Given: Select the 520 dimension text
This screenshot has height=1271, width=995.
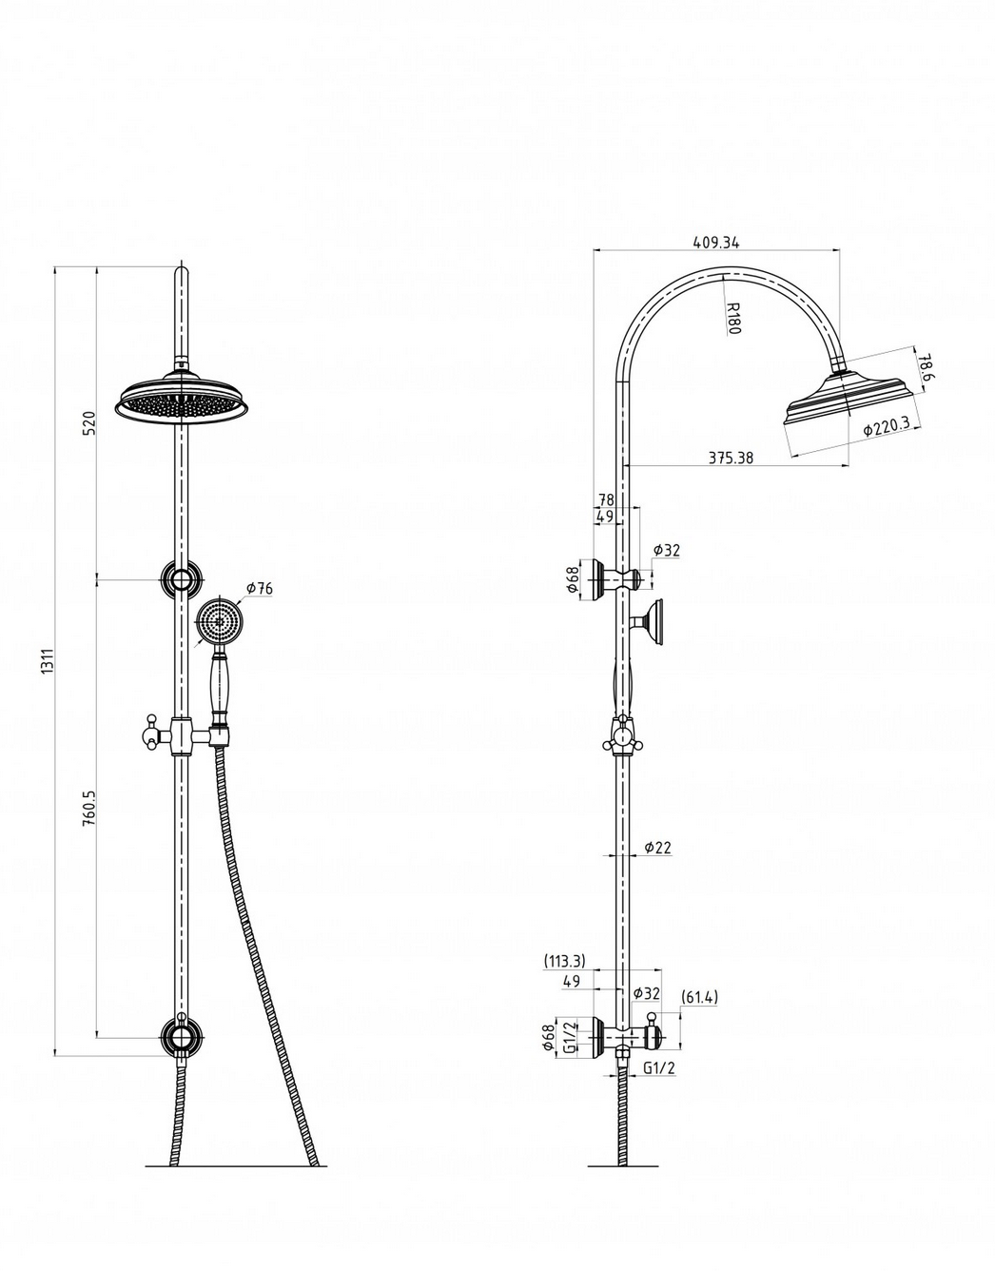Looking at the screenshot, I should coord(88,422).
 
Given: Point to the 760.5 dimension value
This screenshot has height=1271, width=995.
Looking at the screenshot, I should coord(88,807).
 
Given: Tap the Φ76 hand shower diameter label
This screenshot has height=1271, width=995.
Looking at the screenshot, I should coord(259,589).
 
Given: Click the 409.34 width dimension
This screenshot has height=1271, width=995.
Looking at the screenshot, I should coord(716,243).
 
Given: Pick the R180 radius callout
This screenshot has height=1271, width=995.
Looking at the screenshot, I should coord(732,318).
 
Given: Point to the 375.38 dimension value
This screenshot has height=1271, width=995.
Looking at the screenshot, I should coord(731,458).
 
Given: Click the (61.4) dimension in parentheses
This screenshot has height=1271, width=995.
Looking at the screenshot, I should coord(699,997).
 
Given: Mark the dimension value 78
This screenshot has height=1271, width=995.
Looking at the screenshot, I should coord(606,499).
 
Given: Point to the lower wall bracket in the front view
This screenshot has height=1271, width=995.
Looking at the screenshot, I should coord(179,1035).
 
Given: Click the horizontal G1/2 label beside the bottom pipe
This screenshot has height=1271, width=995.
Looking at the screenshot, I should coord(658,1067).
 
